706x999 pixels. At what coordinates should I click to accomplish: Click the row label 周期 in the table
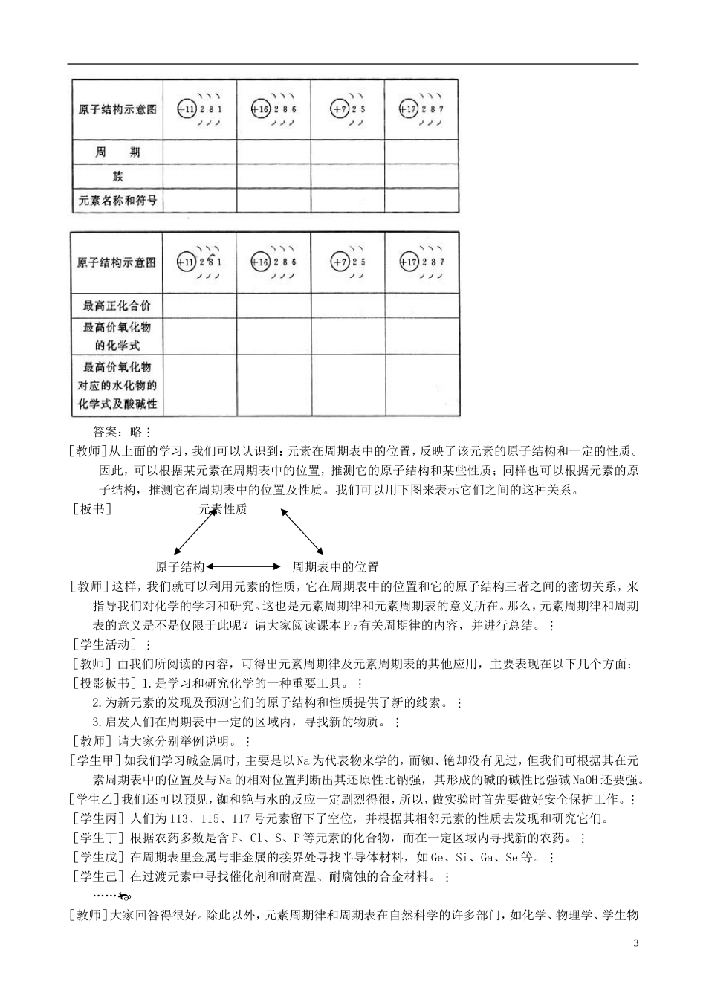(x=117, y=152)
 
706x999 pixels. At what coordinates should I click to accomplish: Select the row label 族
(x=117, y=176)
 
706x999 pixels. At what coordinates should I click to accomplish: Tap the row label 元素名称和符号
(x=117, y=200)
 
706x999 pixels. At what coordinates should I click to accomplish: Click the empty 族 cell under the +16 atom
(x=273, y=176)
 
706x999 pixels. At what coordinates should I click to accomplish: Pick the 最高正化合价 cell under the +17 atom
(x=421, y=305)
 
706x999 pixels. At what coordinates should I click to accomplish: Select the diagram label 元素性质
(x=223, y=509)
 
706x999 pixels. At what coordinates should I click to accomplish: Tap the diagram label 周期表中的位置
(x=335, y=567)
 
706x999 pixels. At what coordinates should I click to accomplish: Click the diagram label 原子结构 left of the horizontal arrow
(x=180, y=567)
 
